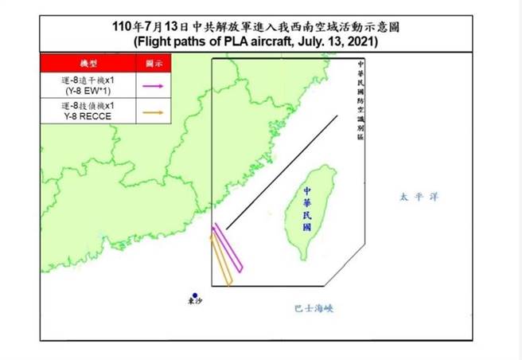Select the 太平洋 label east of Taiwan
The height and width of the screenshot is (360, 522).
[x=419, y=196]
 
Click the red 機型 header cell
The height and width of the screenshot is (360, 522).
[x=87, y=62]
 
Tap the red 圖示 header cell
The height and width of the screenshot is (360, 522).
[x=155, y=62]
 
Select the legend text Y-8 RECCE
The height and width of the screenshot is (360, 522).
[x=88, y=116]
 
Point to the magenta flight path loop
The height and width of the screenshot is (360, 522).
[x=228, y=247]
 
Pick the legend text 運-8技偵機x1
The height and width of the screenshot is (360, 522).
[x=88, y=106]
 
